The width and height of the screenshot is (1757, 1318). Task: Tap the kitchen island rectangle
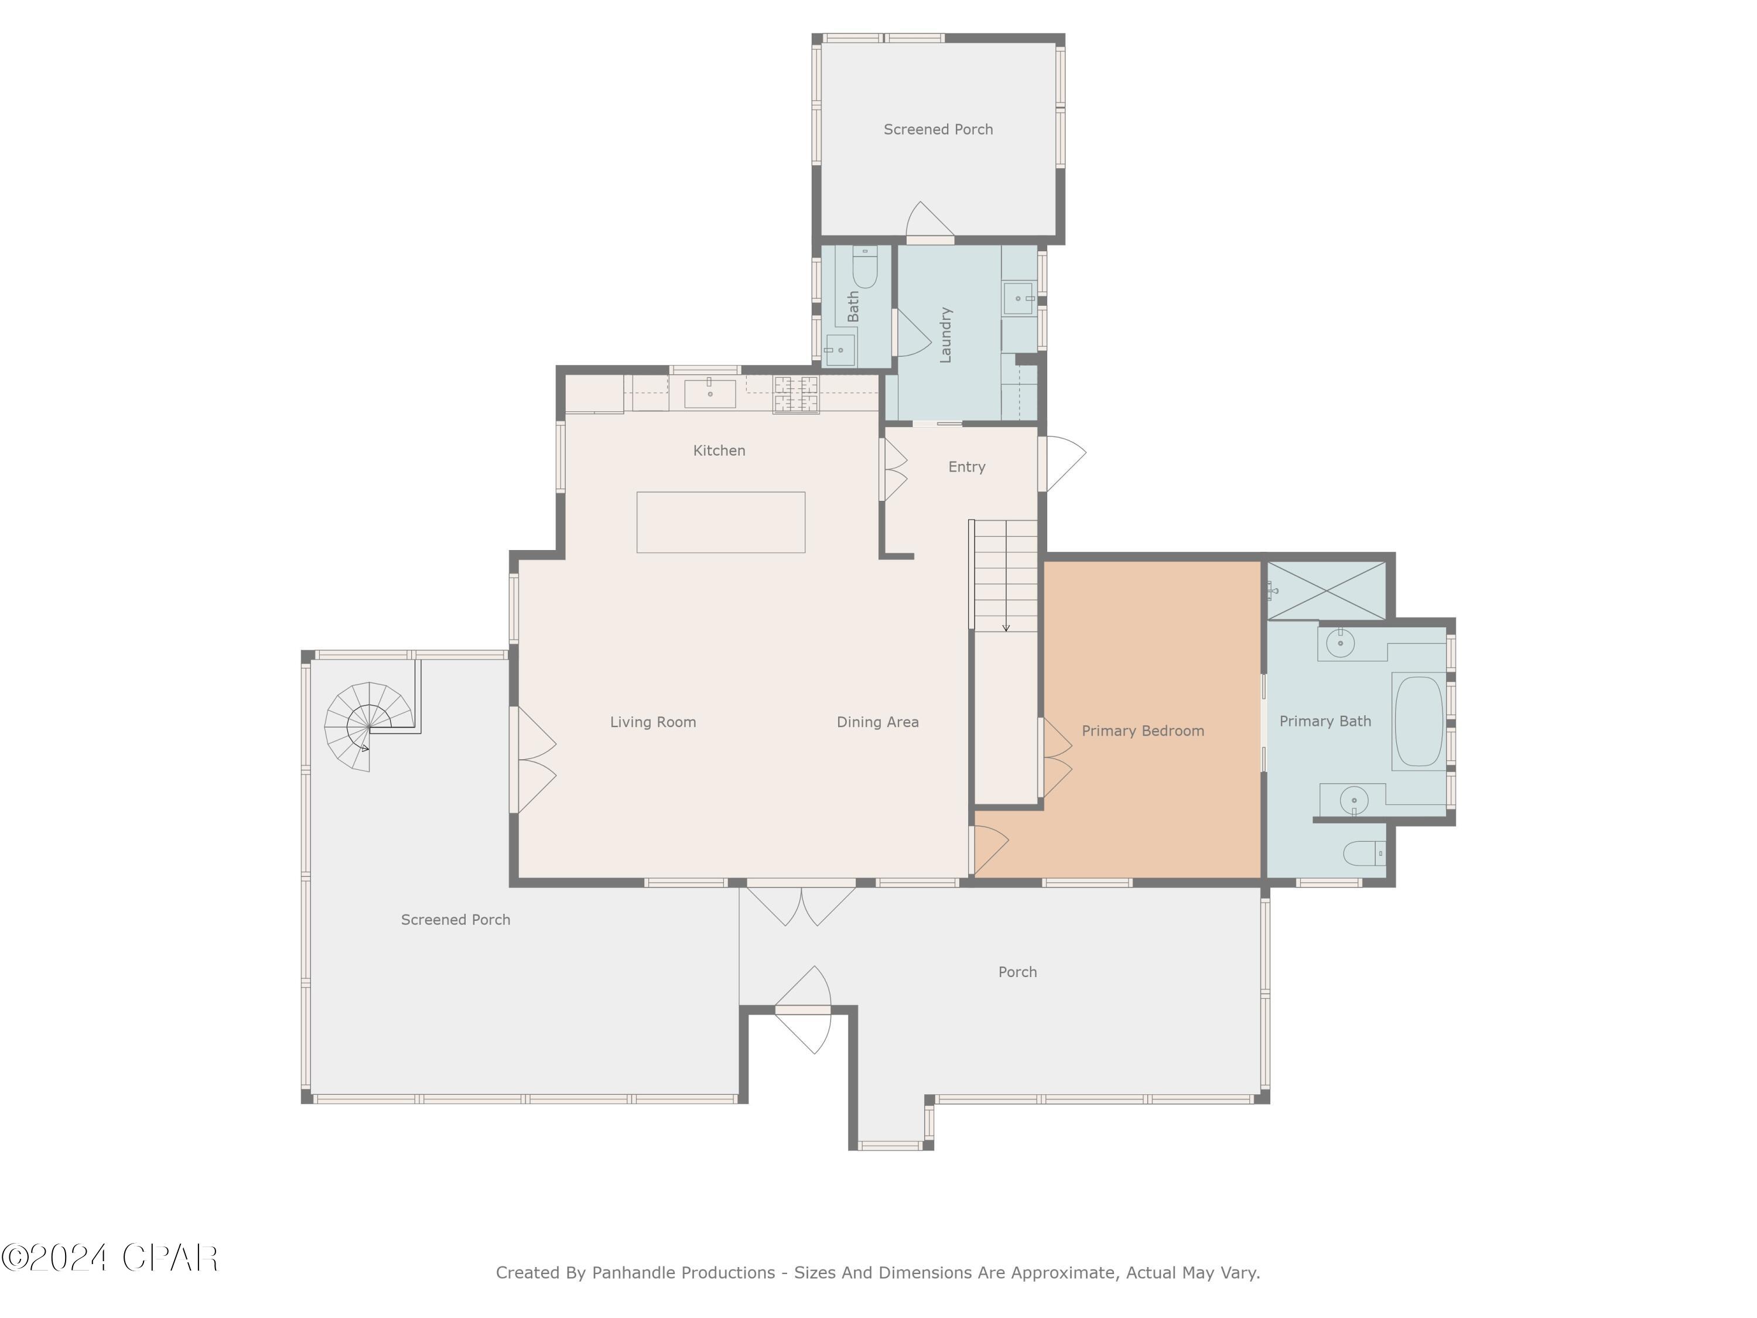coord(720,522)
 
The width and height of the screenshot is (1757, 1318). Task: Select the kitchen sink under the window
coord(709,393)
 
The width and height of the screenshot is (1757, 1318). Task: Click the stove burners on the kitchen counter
coord(796,394)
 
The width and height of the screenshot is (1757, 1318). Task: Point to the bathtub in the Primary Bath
coord(1418,721)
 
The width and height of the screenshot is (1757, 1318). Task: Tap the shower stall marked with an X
coord(1326,590)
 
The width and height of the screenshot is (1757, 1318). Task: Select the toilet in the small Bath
coord(864,268)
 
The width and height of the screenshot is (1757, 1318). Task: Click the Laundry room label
coord(945,334)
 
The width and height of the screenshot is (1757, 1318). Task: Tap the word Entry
coord(967,467)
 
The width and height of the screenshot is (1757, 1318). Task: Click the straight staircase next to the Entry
coord(1006,576)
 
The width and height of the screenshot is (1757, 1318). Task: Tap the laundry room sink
coord(1018,299)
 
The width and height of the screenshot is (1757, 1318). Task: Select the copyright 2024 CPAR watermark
coord(110,1258)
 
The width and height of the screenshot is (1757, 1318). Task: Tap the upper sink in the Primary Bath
coord(1340,642)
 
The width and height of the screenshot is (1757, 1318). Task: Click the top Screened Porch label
coord(938,129)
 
